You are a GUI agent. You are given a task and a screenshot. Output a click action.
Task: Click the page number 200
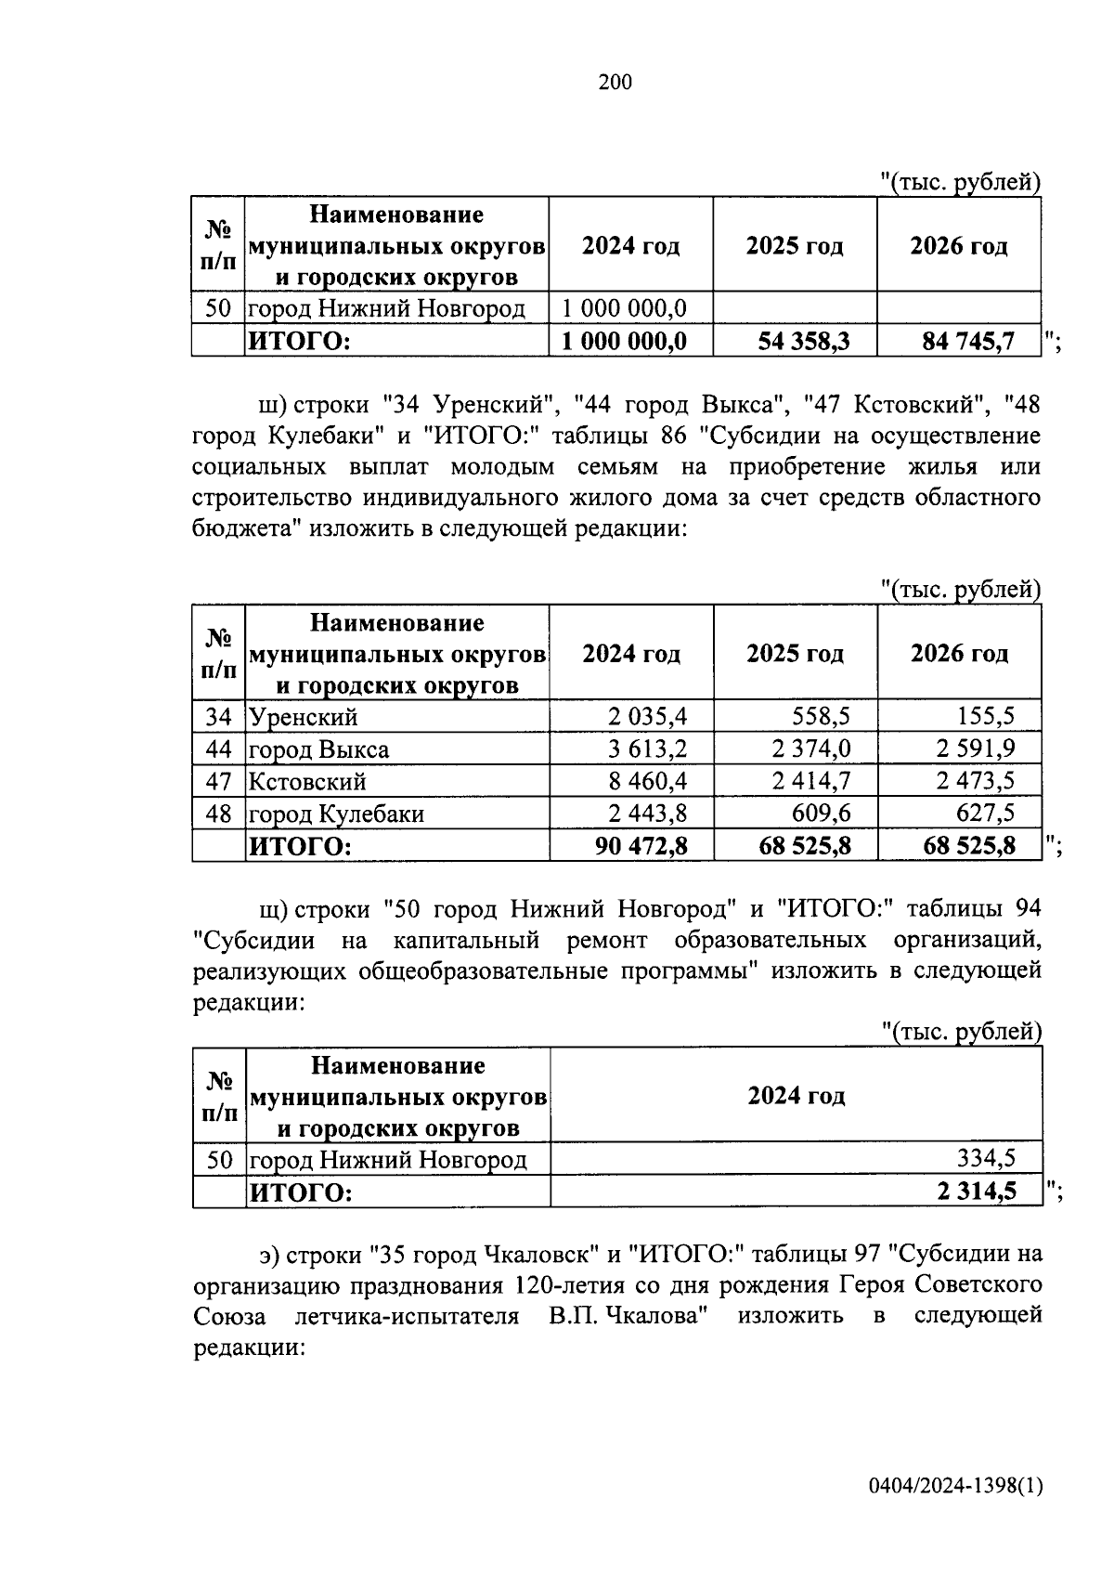tap(615, 83)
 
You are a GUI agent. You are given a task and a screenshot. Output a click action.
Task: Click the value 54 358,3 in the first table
tap(803, 341)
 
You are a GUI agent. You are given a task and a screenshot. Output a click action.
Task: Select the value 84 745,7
tap(967, 341)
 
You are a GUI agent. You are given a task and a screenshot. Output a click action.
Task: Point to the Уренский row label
tap(303, 717)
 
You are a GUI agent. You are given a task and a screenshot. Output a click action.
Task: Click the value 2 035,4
tap(647, 716)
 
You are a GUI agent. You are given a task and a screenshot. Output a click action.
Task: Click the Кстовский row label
tap(307, 782)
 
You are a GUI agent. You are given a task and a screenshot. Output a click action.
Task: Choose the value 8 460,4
tap(647, 781)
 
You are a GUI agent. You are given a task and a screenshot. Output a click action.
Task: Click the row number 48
tap(218, 814)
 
